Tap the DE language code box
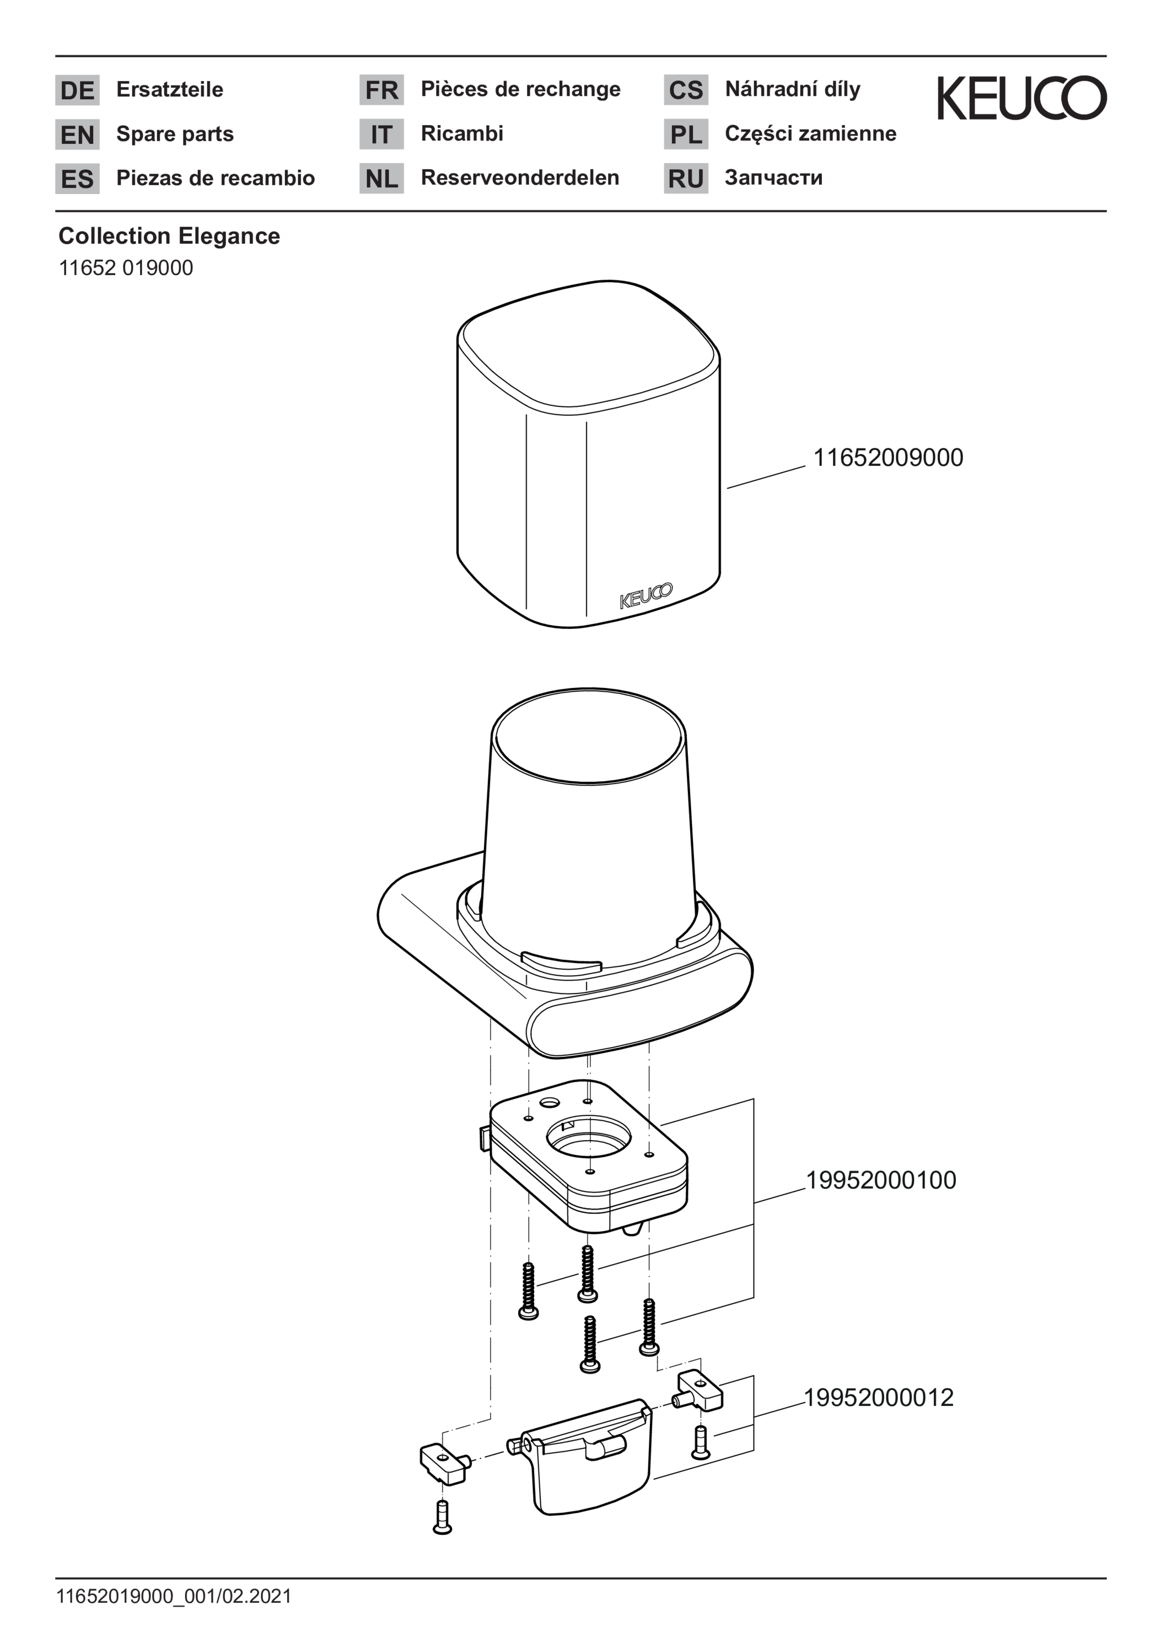(x=77, y=90)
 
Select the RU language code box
(x=686, y=178)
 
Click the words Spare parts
(x=175, y=135)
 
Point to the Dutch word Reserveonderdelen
(x=520, y=178)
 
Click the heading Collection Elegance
(x=169, y=235)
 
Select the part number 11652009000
(x=888, y=458)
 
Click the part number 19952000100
(x=881, y=1180)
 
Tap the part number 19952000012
(x=879, y=1398)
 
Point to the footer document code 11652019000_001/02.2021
(x=174, y=1596)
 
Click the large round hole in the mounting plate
(x=589, y=1137)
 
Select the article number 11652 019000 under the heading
(x=126, y=268)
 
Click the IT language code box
(x=381, y=134)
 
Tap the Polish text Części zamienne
(x=810, y=134)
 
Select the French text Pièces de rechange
(x=520, y=89)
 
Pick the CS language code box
(x=686, y=90)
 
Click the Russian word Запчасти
(x=773, y=178)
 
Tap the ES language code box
(x=77, y=178)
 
